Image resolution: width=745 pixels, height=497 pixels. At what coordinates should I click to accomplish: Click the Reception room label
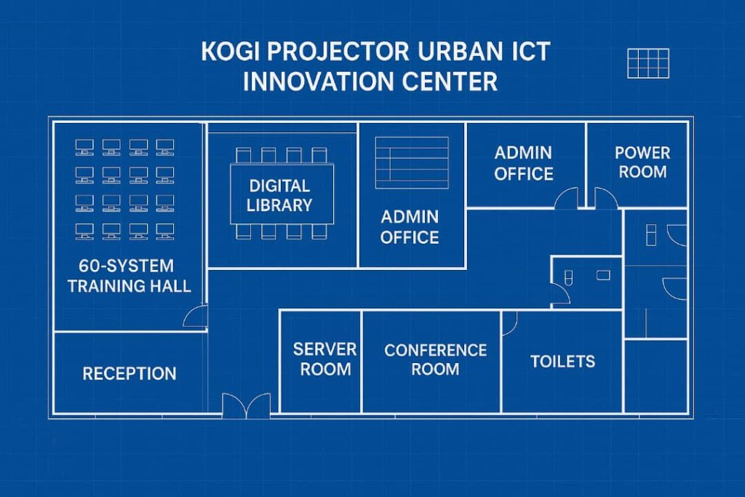pyautogui.click(x=130, y=373)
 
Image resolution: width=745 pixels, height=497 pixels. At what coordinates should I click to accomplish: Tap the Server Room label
pyautogui.click(x=325, y=359)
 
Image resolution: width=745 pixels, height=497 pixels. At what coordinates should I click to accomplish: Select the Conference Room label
pyautogui.click(x=435, y=359)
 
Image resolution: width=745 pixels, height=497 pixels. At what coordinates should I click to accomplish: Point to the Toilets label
pyautogui.click(x=562, y=362)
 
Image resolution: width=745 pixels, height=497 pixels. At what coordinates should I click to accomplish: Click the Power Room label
pyautogui.click(x=642, y=162)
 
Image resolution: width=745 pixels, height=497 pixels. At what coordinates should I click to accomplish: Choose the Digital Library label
pyautogui.click(x=279, y=195)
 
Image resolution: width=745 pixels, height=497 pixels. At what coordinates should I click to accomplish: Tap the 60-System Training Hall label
pyautogui.click(x=129, y=276)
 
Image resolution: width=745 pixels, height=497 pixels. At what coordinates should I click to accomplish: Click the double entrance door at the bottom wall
pyautogui.click(x=246, y=406)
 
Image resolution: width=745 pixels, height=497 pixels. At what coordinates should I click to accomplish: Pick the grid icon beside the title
pyautogui.click(x=648, y=63)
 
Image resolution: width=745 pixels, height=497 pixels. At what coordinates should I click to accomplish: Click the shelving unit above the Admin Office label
pyautogui.click(x=412, y=163)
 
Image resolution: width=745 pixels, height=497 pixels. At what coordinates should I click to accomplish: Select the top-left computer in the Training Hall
pyautogui.click(x=84, y=147)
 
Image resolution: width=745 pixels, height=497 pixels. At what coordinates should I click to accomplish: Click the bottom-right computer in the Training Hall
pyautogui.click(x=165, y=231)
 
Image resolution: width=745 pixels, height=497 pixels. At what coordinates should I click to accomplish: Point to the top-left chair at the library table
pyautogui.click(x=243, y=156)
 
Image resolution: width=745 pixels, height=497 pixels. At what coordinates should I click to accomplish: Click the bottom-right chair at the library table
pyautogui.click(x=319, y=231)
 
